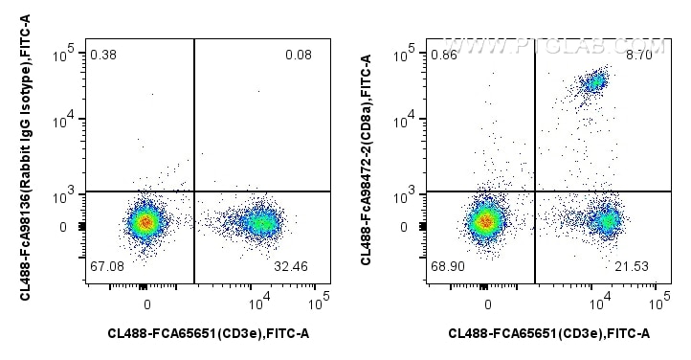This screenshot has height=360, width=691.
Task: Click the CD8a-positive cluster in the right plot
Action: (594, 82)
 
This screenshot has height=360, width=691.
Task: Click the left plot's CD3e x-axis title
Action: (208, 333)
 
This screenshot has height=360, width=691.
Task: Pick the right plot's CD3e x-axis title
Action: (549, 333)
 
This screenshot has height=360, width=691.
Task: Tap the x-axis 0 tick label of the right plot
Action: (488, 304)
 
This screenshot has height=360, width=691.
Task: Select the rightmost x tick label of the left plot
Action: (319, 300)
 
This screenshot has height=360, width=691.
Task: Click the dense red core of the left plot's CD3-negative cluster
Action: (145, 222)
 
